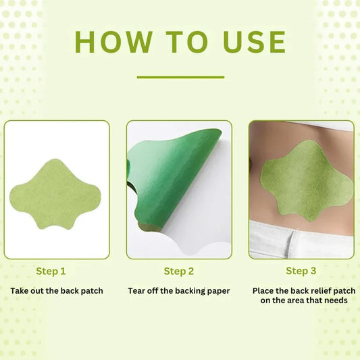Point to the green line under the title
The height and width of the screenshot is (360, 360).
click(x=180, y=77)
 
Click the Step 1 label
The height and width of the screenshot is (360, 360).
click(x=51, y=272)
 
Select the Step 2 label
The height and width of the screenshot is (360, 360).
click(x=179, y=272)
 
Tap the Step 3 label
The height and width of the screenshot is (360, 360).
click(x=301, y=272)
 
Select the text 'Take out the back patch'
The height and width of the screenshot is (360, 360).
click(x=57, y=291)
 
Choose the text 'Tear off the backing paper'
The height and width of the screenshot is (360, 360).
click(x=179, y=291)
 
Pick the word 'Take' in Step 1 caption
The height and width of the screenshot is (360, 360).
click(x=21, y=291)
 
